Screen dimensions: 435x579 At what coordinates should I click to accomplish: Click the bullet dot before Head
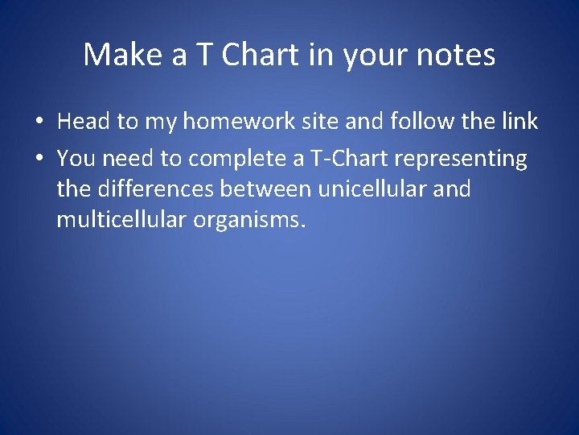38,122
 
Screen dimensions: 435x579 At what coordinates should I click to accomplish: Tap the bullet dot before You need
38,159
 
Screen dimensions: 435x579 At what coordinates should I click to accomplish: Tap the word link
518,122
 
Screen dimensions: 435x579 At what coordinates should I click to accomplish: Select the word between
273,189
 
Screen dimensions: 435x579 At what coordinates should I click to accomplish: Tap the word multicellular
121,220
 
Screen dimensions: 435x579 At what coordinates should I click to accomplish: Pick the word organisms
249,220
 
